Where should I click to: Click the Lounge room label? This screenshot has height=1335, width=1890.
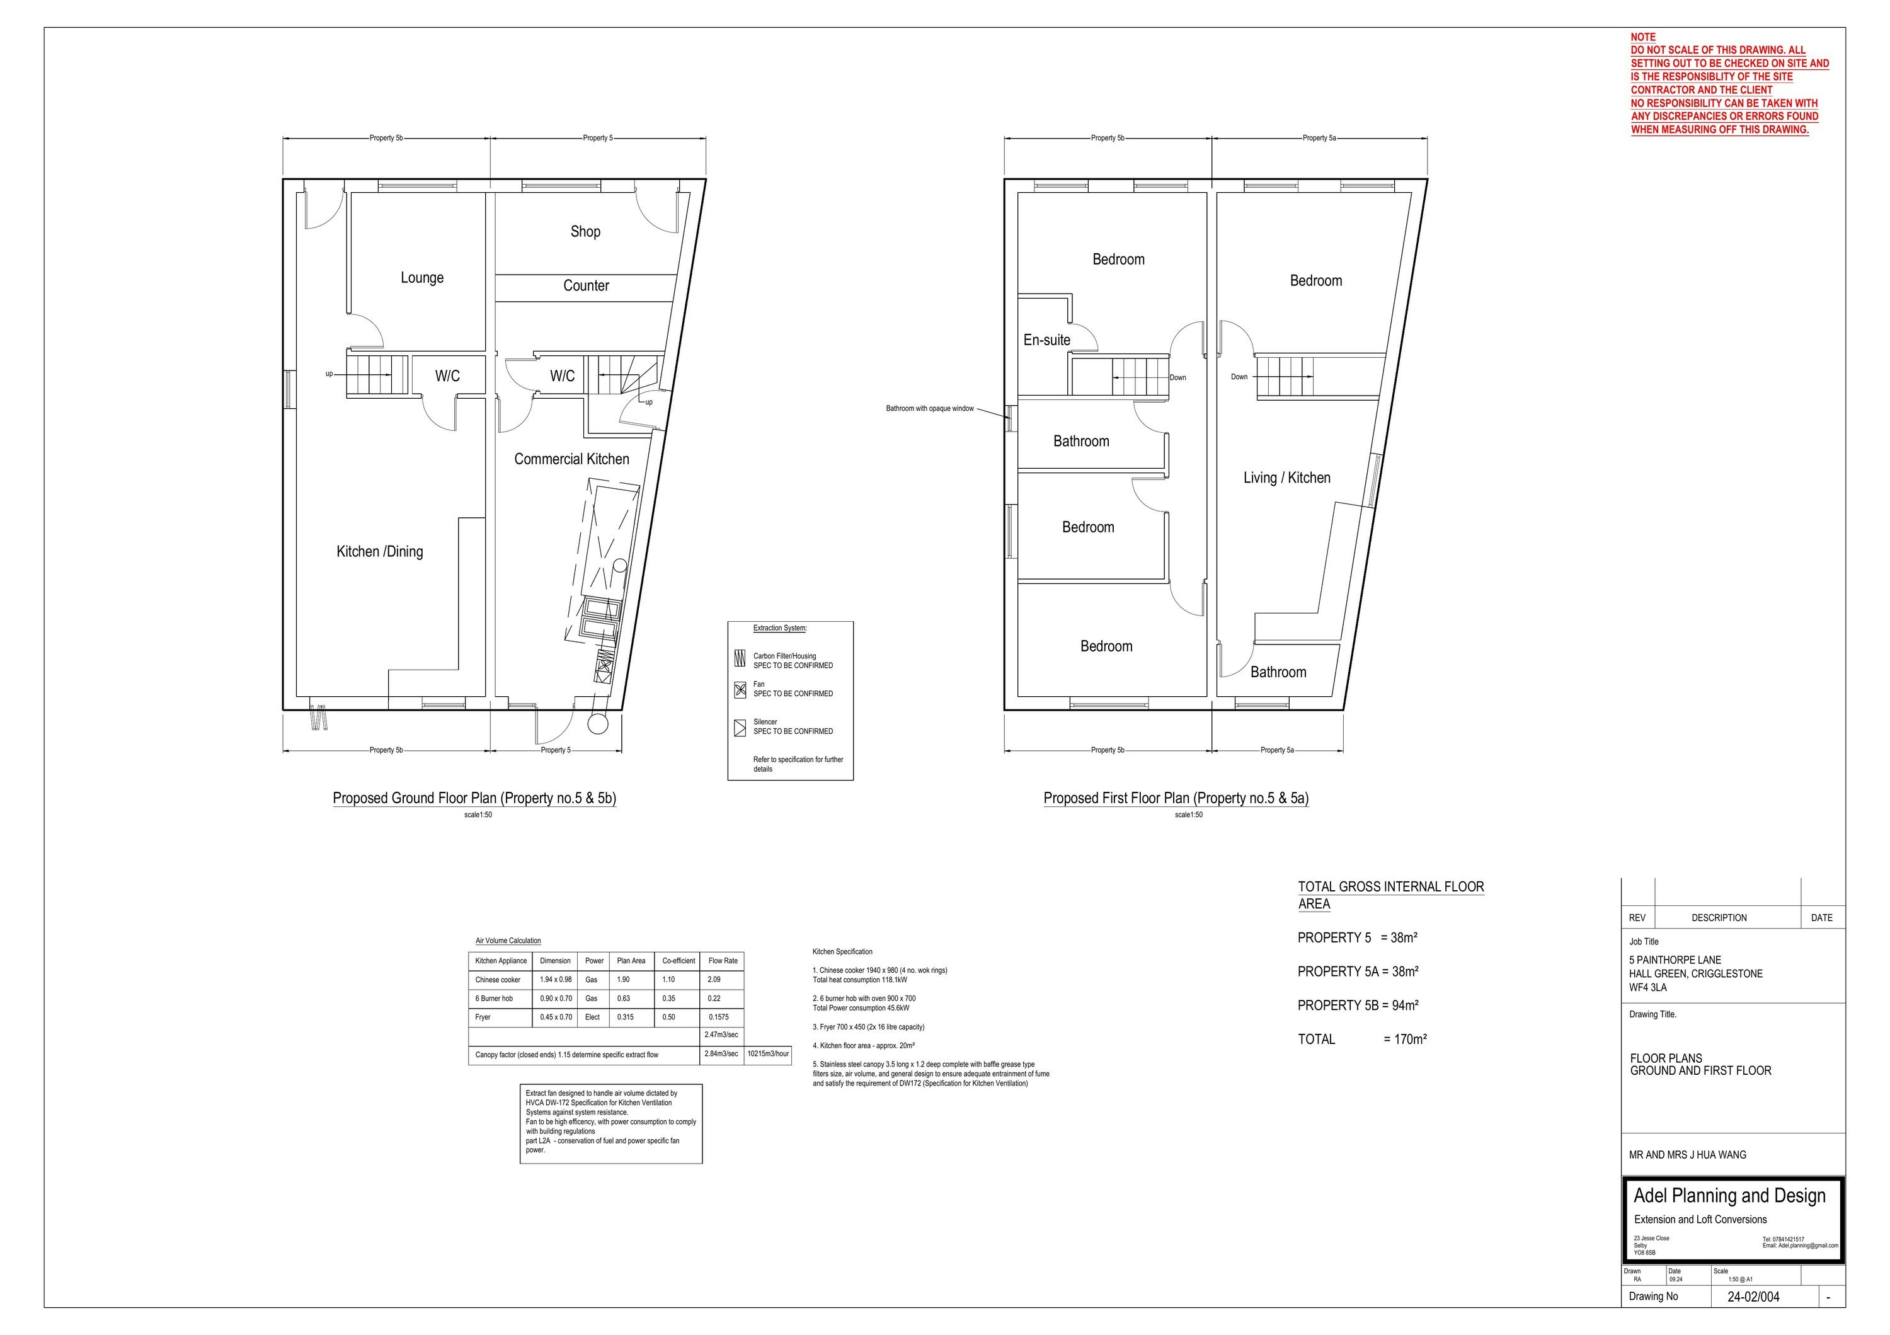(x=422, y=278)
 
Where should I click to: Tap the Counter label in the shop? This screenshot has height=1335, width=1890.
(x=586, y=285)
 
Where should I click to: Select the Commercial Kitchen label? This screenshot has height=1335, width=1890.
(x=572, y=459)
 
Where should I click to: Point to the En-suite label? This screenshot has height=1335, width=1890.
(x=1047, y=340)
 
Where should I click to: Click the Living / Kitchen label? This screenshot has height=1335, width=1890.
(x=1286, y=478)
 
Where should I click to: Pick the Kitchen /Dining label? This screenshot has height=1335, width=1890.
(x=379, y=551)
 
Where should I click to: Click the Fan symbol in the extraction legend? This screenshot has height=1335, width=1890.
(x=740, y=690)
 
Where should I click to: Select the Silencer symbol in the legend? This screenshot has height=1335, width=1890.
(x=740, y=728)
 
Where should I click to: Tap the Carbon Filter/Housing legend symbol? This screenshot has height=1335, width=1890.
(x=740, y=659)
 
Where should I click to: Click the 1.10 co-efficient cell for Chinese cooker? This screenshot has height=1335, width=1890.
(x=668, y=980)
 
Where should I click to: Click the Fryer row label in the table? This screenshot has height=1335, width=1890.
(x=483, y=1017)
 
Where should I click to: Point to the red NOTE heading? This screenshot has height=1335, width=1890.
(x=1643, y=37)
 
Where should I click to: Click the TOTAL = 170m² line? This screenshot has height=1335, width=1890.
(x=1362, y=1040)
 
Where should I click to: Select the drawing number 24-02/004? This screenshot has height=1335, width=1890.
(x=1753, y=1297)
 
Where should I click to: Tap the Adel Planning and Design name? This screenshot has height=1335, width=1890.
(x=1729, y=1196)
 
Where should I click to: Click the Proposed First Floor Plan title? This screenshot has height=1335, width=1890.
(x=1176, y=798)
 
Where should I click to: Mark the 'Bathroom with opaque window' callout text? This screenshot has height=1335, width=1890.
(x=929, y=408)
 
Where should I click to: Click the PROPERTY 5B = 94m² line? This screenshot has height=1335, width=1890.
(x=1358, y=1006)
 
